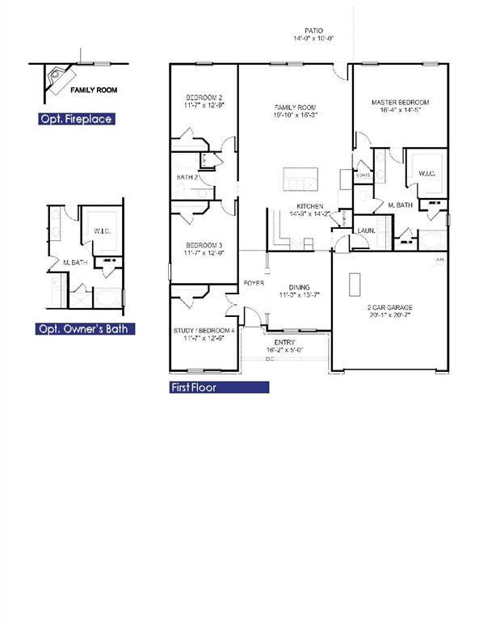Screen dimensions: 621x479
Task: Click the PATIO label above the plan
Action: pos(314,29)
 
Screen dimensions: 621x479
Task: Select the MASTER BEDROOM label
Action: pos(400,103)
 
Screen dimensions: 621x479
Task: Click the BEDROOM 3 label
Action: pos(204,245)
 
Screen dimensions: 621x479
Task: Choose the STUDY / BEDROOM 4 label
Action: pos(204,331)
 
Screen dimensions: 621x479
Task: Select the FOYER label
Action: pos(254,283)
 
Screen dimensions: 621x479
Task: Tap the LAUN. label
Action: pos(365,230)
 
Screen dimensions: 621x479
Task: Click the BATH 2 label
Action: pos(187,177)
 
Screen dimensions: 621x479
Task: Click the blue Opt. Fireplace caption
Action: pos(76,119)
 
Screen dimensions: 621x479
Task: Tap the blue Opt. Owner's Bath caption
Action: pos(85,329)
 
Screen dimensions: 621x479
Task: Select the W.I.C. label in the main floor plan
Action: pos(423,172)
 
